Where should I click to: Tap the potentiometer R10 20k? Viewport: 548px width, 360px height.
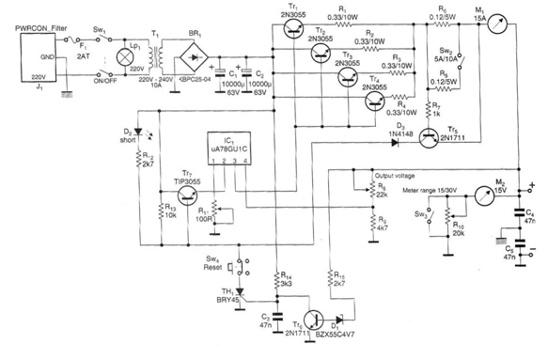[450, 227]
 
